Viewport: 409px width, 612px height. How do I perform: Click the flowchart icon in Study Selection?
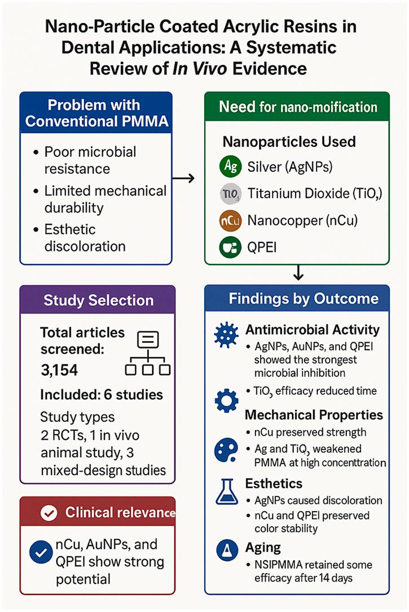pos(147,353)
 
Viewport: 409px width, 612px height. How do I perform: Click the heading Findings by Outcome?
pos(304,298)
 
